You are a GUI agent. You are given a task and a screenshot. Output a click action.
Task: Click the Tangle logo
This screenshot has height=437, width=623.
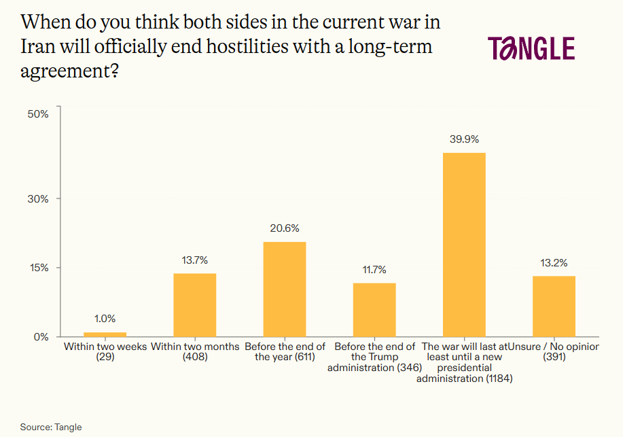(531, 48)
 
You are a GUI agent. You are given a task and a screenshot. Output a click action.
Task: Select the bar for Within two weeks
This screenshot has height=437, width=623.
(105, 334)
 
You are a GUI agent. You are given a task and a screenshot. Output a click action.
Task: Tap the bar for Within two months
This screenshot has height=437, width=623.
(194, 304)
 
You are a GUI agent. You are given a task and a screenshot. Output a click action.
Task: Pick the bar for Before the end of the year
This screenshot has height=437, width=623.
(284, 289)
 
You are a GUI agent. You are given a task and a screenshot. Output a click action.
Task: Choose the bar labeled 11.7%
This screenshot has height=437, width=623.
(374, 309)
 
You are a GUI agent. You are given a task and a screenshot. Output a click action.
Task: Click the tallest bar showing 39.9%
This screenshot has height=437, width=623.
(464, 245)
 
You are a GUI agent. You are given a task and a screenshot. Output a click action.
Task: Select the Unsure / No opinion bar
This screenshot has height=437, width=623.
(554, 306)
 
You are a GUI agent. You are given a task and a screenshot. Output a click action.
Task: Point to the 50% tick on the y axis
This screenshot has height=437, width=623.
(38, 114)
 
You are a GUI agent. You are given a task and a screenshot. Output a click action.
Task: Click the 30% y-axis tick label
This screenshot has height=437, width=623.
(38, 198)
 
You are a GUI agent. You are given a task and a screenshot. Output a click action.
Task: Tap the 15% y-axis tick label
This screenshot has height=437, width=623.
(38, 268)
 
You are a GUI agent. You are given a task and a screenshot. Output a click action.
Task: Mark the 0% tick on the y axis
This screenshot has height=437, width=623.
(41, 337)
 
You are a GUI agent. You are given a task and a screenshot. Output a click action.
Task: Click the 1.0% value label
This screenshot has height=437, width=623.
(105, 318)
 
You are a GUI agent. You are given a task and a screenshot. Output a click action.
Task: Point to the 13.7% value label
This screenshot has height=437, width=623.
(194, 260)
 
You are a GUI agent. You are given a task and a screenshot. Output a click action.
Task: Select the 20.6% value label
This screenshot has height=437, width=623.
(284, 228)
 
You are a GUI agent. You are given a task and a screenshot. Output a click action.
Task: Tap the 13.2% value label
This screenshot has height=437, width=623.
(554, 262)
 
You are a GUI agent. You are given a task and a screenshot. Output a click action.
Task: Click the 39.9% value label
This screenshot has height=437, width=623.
(464, 139)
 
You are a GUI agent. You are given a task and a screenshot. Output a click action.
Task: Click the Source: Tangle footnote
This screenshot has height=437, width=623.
(51, 427)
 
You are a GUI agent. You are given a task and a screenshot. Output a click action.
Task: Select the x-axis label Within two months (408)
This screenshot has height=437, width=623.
(194, 351)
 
